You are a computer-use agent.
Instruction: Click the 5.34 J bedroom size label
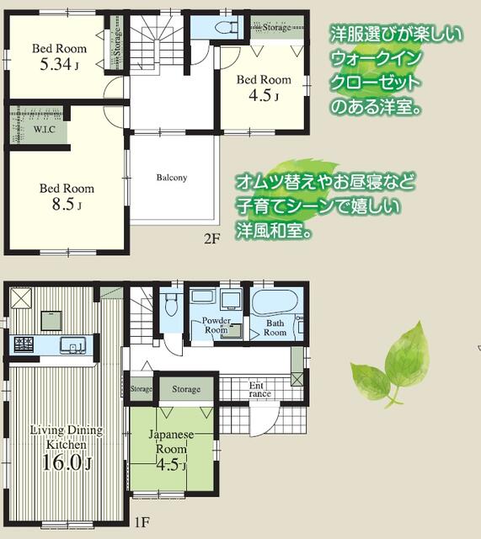[x=59, y=64]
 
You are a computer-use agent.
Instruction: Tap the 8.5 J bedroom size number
[x=67, y=205]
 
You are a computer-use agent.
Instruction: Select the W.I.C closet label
[x=45, y=130]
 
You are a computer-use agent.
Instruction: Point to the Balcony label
[x=172, y=178]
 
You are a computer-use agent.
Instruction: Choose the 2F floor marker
[x=211, y=238]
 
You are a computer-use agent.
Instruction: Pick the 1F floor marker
[x=142, y=522]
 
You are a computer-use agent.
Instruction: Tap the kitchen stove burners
[x=24, y=344]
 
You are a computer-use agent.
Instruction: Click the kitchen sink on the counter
[x=72, y=345]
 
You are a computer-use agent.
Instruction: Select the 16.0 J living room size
[x=67, y=462]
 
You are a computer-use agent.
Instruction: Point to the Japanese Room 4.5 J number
[x=171, y=464]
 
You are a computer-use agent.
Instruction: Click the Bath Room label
[x=275, y=328]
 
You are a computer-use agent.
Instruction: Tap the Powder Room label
[x=216, y=325]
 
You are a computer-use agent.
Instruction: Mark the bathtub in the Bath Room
[x=275, y=302]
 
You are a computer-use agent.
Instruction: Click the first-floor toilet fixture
[x=170, y=305]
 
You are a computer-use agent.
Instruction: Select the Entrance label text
[x=259, y=390]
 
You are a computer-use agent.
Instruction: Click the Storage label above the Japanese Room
[x=186, y=389]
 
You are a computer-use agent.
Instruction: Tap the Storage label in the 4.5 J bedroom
[x=277, y=27]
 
